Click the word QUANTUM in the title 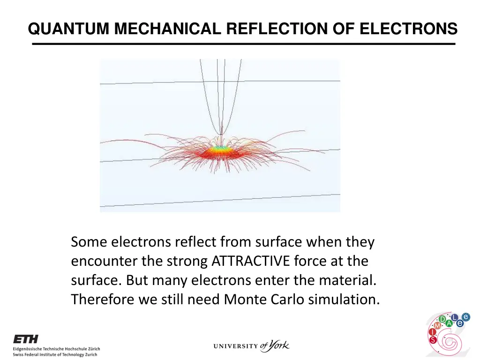pyautogui.click(x=69, y=29)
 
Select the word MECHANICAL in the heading pyautogui.click(x=167, y=29)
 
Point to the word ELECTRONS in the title pyautogui.click(x=408, y=29)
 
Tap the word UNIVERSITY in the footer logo pyautogui.click(x=236, y=347)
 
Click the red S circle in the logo pyautogui.click(x=432, y=339)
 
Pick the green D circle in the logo pyautogui.click(x=442, y=320)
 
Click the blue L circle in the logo pyautogui.click(x=453, y=317)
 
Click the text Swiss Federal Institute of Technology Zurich pyautogui.click(x=55, y=355)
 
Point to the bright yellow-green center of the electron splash pyautogui.click(x=222, y=149)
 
